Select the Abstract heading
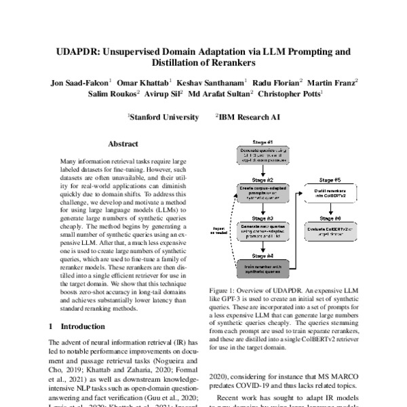point(123,144)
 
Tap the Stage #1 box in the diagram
point(263,160)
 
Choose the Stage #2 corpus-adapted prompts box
point(263,195)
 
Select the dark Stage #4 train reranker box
point(263,267)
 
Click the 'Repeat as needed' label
point(219,230)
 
